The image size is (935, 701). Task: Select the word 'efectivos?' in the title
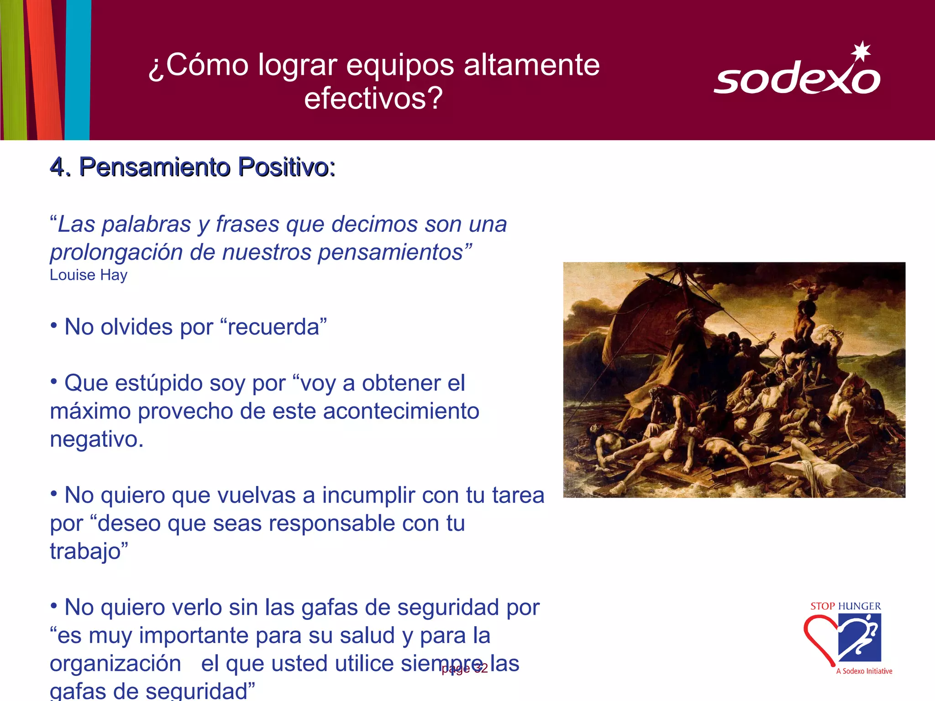coord(373,98)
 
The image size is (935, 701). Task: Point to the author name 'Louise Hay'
coord(89,275)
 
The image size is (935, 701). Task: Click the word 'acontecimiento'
coord(401,411)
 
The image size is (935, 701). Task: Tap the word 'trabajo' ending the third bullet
coord(85,551)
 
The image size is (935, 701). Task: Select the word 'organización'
coord(116,664)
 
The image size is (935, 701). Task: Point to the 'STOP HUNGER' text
coord(846,606)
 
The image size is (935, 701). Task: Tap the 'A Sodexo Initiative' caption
coord(864,671)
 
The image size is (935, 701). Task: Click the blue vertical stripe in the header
coord(78,68)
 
